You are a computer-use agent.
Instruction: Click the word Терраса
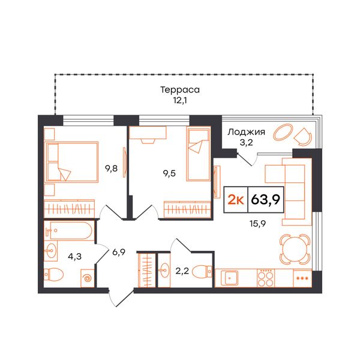(180, 90)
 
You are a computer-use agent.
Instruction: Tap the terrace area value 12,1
(180, 101)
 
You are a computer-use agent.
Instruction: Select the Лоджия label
(246, 132)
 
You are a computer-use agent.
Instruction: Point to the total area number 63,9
(266, 199)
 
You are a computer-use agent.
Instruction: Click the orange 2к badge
(236, 200)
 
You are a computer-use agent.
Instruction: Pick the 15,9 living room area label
(257, 223)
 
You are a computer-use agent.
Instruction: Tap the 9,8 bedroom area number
(112, 169)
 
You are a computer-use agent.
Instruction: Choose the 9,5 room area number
(169, 173)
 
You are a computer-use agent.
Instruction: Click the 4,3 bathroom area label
(75, 256)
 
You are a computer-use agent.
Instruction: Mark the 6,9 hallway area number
(119, 252)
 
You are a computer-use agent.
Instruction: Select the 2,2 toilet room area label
(182, 271)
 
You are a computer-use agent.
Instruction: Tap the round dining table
(295, 249)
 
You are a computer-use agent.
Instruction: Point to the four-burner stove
(266, 278)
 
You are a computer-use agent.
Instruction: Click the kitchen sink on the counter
(229, 278)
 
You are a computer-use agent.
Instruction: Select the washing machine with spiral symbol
(88, 278)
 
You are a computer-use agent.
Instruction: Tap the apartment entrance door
(122, 298)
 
